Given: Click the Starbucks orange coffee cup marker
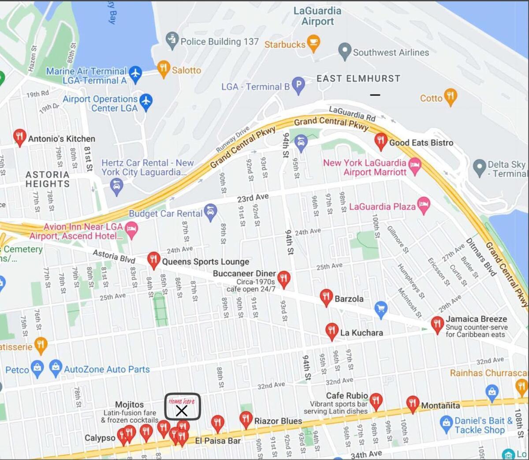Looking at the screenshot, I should click(x=313, y=43).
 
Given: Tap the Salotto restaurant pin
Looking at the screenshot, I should click(x=164, y=69).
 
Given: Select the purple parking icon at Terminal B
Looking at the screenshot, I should click(x=298, y=85).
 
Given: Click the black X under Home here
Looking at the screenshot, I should click(x=182, y=411).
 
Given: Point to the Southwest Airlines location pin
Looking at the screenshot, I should click(x=344, y=51).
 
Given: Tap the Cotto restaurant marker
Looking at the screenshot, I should click(x=450, y=97).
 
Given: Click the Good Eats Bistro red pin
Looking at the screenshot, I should click(x=380, y=141).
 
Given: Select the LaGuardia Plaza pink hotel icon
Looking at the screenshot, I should click(x=423, y=205).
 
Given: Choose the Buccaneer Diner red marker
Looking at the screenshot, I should click(x=283, y=279).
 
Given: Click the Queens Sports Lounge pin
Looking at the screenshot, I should click(x=153, y=260).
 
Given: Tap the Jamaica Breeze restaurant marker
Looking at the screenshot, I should click(x=437, y=324).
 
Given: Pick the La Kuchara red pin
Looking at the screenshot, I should click(x=332, y=331).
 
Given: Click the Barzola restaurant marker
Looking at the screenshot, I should click(x=326, y=297).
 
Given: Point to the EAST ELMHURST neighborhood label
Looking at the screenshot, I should click(x=358, y=79).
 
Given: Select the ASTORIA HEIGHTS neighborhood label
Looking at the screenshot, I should click(x=48, y=179).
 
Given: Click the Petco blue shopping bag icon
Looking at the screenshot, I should click(x=37, y=368).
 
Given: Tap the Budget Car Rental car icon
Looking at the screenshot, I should click(x=211, y=212).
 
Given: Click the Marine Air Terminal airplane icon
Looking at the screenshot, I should click(x=135, y=74).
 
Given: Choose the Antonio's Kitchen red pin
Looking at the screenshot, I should click(x=19, y=137).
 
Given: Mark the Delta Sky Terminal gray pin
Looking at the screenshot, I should click(x=479, y=167).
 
